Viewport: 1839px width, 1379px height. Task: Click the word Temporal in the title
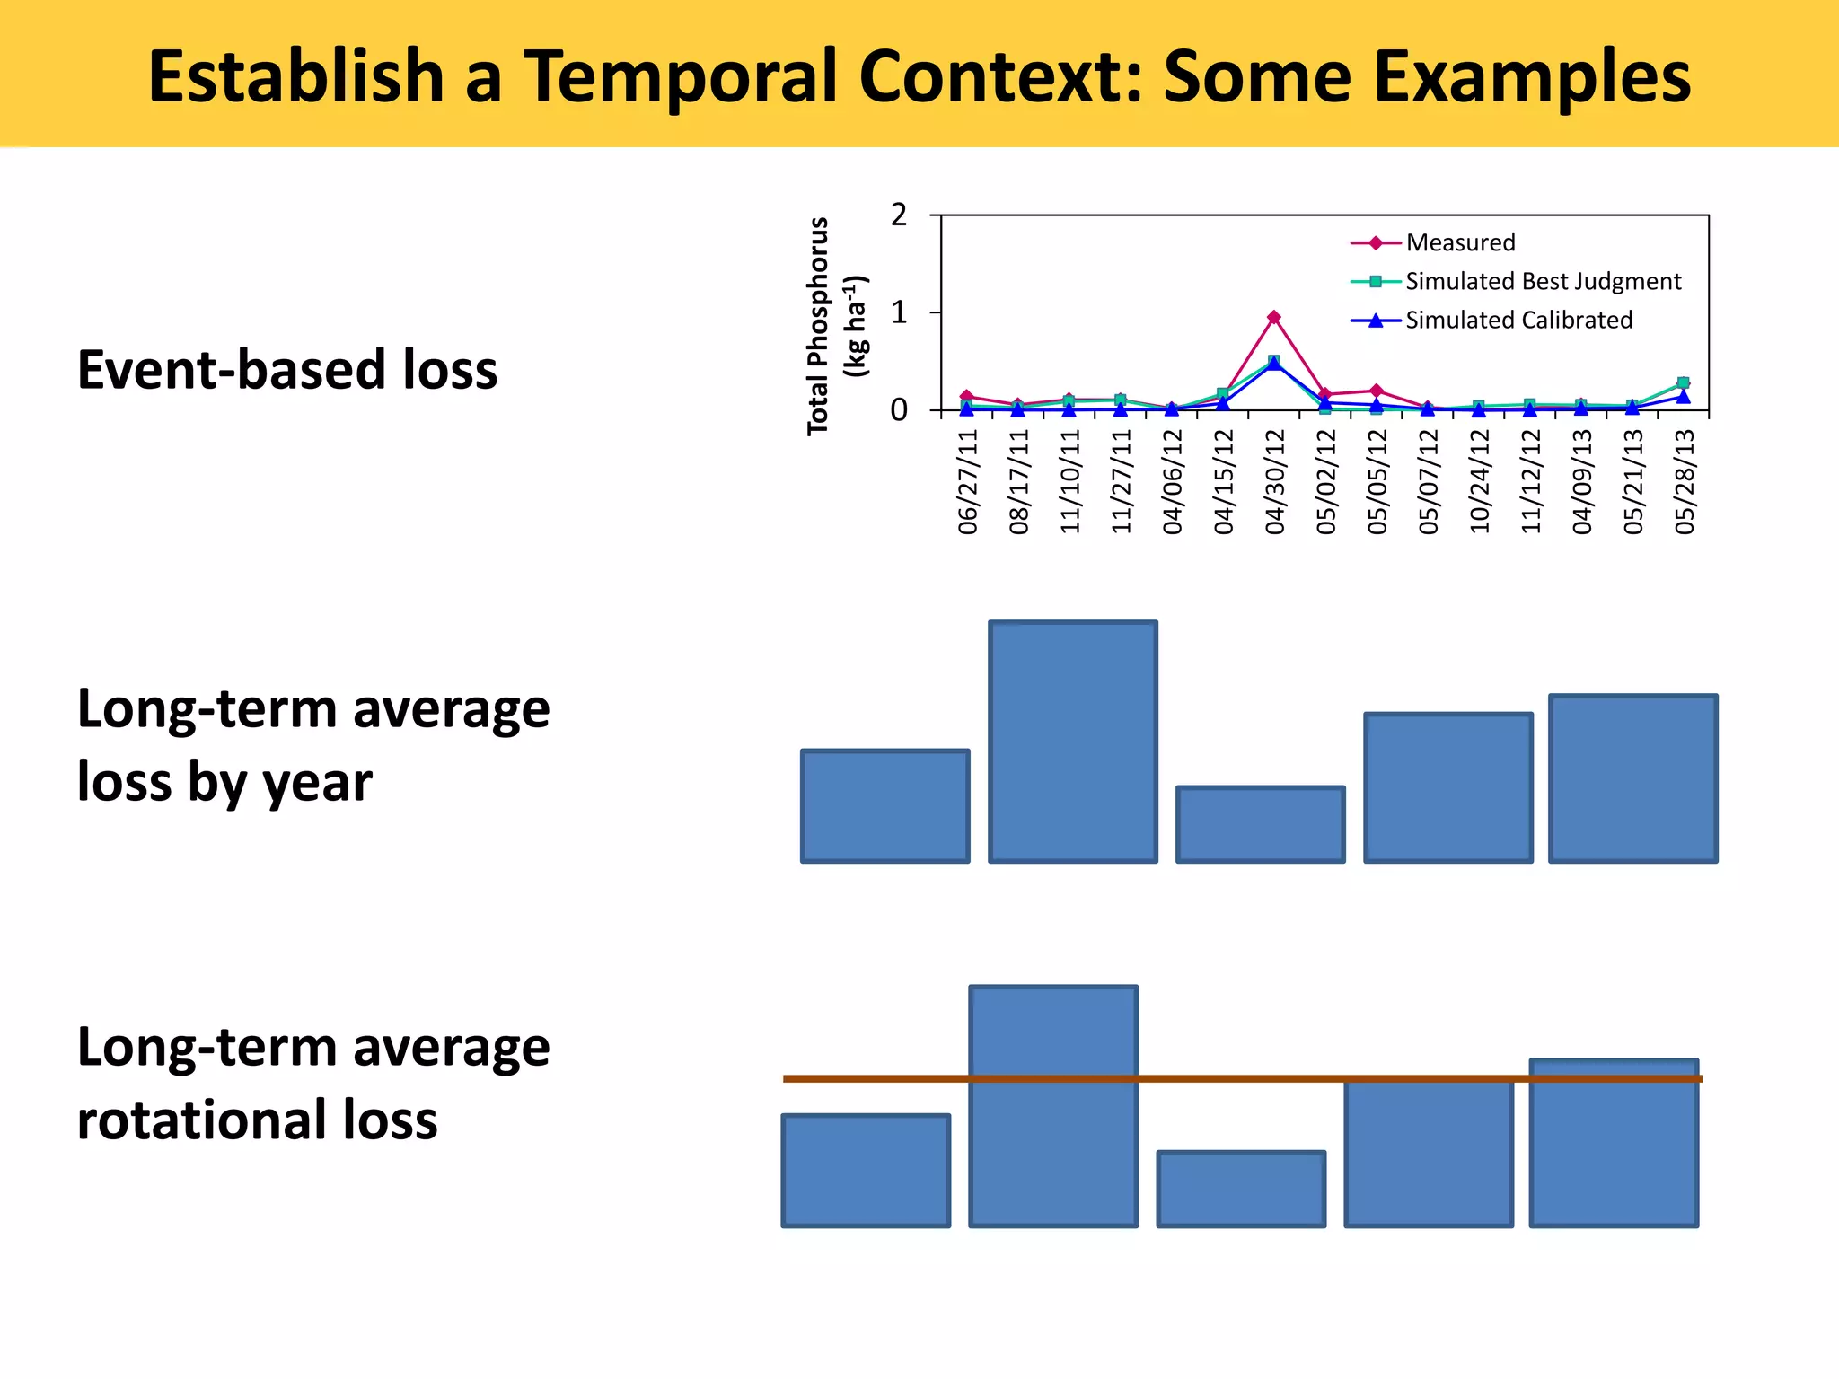tap(682, 76)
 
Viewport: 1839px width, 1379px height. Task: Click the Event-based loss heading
tap(287, 369)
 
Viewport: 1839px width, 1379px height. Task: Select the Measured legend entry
tap(1460, 242)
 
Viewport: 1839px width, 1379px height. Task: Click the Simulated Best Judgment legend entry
tap(1543, 281)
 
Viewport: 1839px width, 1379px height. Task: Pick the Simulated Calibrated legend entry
tap(1518, 320)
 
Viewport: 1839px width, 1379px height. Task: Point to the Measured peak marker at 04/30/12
tap(1274, 317)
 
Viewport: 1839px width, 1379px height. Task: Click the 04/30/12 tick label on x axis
tap(1275, 481)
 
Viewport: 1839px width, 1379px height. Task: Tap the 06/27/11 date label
tap(968, 481)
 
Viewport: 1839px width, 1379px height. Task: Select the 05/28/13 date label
tap(1685, 481)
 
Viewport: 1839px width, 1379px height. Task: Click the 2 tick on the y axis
tap(899, 215)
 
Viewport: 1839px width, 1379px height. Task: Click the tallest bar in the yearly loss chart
tap(1073, 742)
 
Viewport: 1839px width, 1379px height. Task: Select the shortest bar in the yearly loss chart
tap(1260, 824)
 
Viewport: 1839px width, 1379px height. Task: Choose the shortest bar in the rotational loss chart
tap(1241, 1189)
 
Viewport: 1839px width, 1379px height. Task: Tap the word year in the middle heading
tap(317, 782)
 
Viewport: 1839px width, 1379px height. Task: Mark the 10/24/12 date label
tap(1480, 481)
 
